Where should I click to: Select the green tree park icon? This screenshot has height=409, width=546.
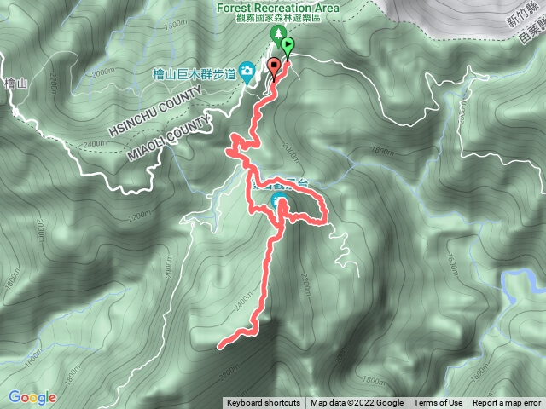pyautogui.click(x=276, y=33)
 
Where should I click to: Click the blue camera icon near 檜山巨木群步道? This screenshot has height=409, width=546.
pyautogui.click(x=247, y=70)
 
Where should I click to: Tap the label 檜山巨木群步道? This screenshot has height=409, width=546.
pyautogui.click(x=194, y=75)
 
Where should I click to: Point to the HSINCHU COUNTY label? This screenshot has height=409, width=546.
pyautogui.click(x=160, y=117)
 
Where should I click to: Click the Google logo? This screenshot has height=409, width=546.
pyautogui.click(x=32, y=397)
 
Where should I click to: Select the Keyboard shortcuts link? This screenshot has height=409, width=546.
pyautogui.click(x=264, y=403)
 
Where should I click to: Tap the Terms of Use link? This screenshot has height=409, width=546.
pyautogui.click(x=439, y=403)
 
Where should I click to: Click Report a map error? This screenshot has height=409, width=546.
pyautogui.click(x=507, y=403)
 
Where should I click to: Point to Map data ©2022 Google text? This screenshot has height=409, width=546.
pyautogui.click(x=357, y=403)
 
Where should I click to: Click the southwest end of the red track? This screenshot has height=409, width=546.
pyautogui.click(x=222, y=346)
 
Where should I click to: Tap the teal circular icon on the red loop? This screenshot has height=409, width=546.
pyautogui.click(x=280, y=201)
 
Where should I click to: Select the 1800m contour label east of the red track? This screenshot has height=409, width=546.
pyautogui.click(x=383, y=153)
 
